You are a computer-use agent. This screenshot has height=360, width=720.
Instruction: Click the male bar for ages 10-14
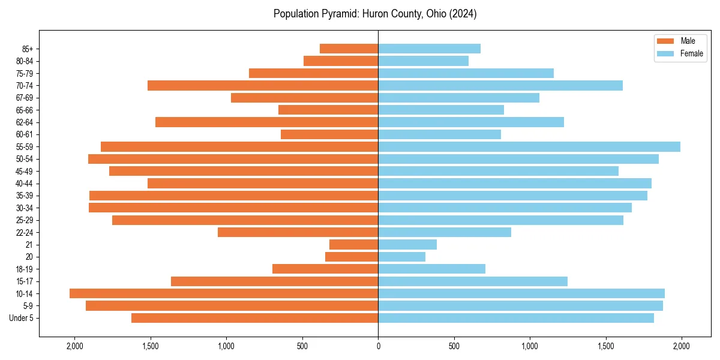224,293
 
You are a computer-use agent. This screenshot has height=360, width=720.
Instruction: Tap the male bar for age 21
354,245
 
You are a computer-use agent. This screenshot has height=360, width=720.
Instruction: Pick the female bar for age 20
402,257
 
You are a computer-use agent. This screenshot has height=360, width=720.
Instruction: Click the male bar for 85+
349,49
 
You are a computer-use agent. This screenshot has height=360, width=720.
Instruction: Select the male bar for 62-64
267,122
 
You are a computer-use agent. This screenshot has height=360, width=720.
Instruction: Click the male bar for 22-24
298,232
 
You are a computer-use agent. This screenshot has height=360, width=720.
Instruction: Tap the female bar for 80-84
424,61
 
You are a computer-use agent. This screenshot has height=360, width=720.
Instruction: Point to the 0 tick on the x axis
378,346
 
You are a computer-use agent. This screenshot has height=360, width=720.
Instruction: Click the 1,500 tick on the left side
151,346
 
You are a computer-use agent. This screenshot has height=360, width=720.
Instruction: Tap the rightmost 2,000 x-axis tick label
681,346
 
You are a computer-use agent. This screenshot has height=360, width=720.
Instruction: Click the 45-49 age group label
25,171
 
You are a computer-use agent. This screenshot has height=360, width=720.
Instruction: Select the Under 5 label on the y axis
22,318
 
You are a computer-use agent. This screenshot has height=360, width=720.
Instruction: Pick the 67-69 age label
25,98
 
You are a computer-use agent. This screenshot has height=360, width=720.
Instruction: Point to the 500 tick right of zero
454,346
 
